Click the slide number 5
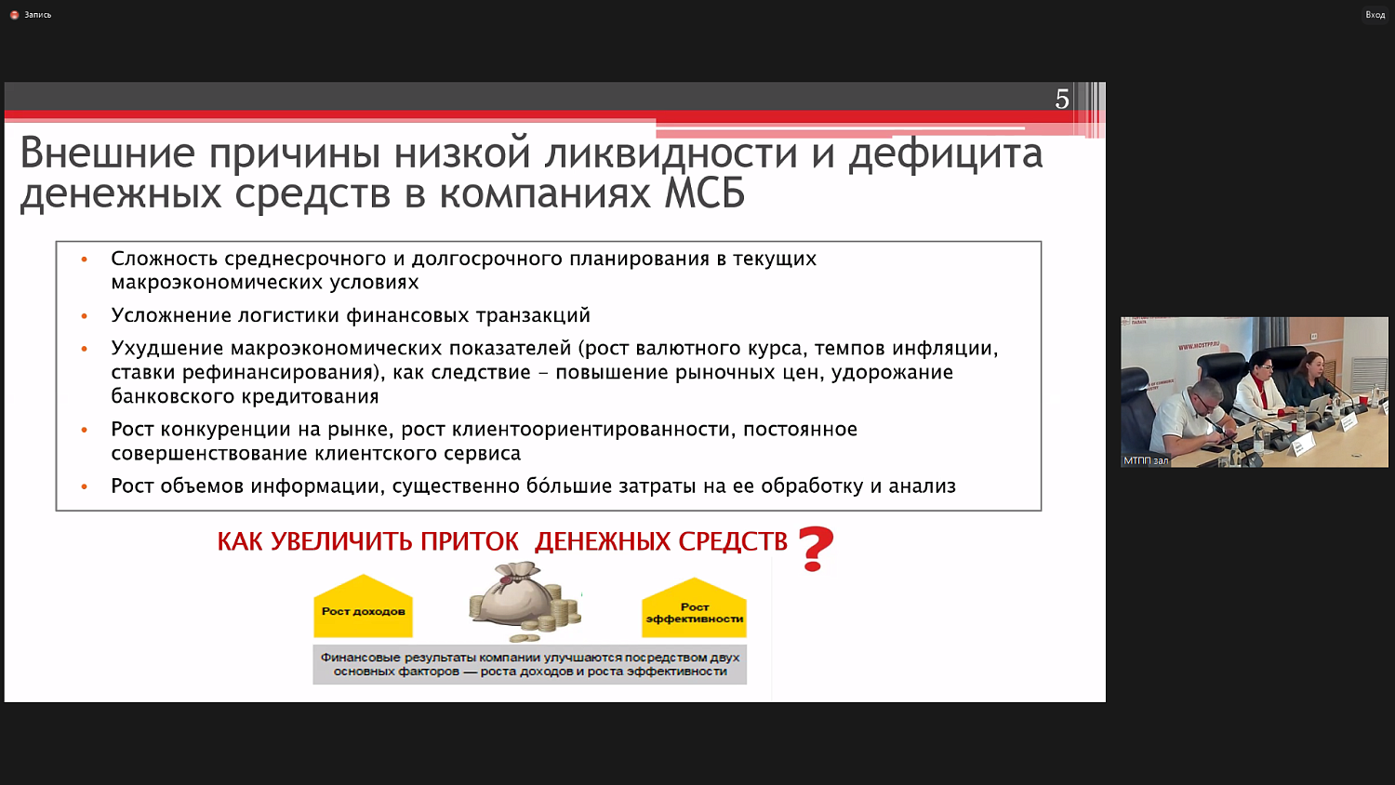pyautogui.click(x=1062, y=100)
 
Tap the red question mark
pyautogui.click(x=816, y=549)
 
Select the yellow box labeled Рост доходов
pyautogui.click(x=363, y=609)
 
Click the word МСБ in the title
pyautogui.click(x=704, y=194)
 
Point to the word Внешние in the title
pyautogui.click(x=107, y=153)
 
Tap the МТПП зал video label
pyautogui.click(x=1145, y=460)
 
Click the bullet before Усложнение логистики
pyautogui.click(x=85, y=316)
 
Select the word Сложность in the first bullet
pyautogui.click(x=164, y=259)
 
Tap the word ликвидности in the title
pyautogui.click(x=671, y=153)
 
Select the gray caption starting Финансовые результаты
pyautogui.click(x=529, y=664)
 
